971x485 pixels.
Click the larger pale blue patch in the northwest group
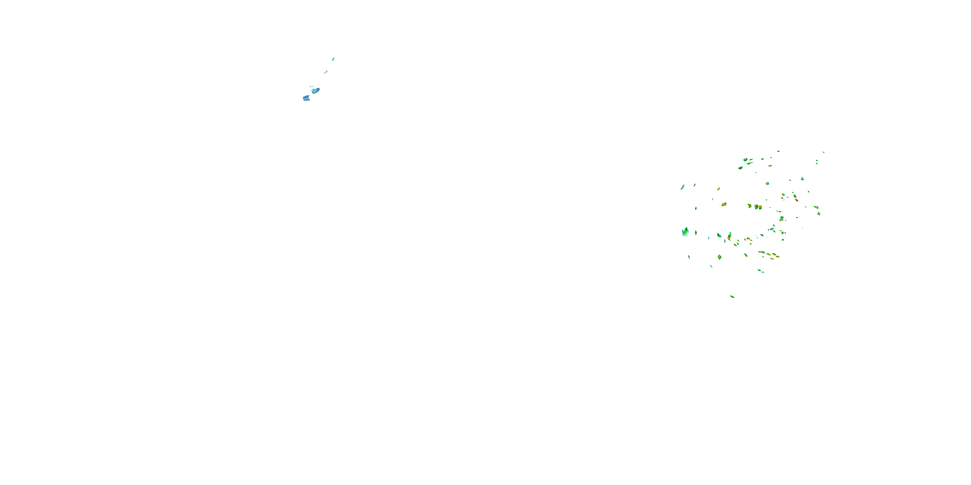(x=306, y=98)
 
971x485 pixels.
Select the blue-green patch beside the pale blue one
(x=316, y=91)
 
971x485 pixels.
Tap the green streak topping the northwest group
(x=333, y=59)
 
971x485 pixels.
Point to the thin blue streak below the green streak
(x=326, y=71)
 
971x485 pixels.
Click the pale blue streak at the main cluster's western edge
(x=682, y=187)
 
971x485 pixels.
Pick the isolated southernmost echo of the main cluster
(x=732, y=297)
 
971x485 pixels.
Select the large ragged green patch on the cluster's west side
(x=685, y=232)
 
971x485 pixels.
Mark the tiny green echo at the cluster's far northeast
(x=823, y=152)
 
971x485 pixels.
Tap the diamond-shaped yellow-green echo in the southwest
(x=719, y=257)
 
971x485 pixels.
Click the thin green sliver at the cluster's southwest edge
(x=689, y=257)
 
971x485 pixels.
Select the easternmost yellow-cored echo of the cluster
(x=819, y=214)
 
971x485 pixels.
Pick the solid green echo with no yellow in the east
(x=802, y=178)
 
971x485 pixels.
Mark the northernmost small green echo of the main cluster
(x=778, y=151)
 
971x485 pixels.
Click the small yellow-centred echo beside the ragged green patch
(x=696, y=233)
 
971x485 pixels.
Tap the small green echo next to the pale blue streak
(x=694, y=185)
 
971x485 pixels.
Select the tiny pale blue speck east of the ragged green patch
(x=708, y=238)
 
